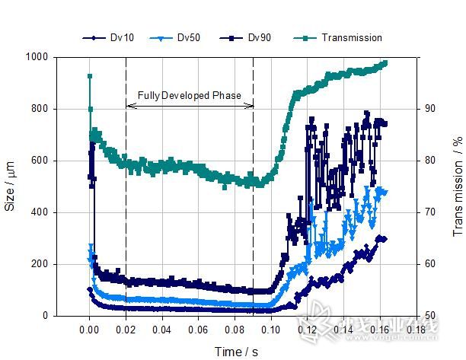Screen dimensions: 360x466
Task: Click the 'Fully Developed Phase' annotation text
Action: point(189,96)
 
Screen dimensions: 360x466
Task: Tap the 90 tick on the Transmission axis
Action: point(429,109)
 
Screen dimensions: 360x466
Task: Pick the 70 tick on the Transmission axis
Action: point(429,212)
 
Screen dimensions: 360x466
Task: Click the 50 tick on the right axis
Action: point(429,316)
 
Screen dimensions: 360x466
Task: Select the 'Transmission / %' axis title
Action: point(458,186)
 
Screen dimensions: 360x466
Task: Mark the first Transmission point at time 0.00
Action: point(90,76)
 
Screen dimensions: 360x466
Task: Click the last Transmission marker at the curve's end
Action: point(385,62)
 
